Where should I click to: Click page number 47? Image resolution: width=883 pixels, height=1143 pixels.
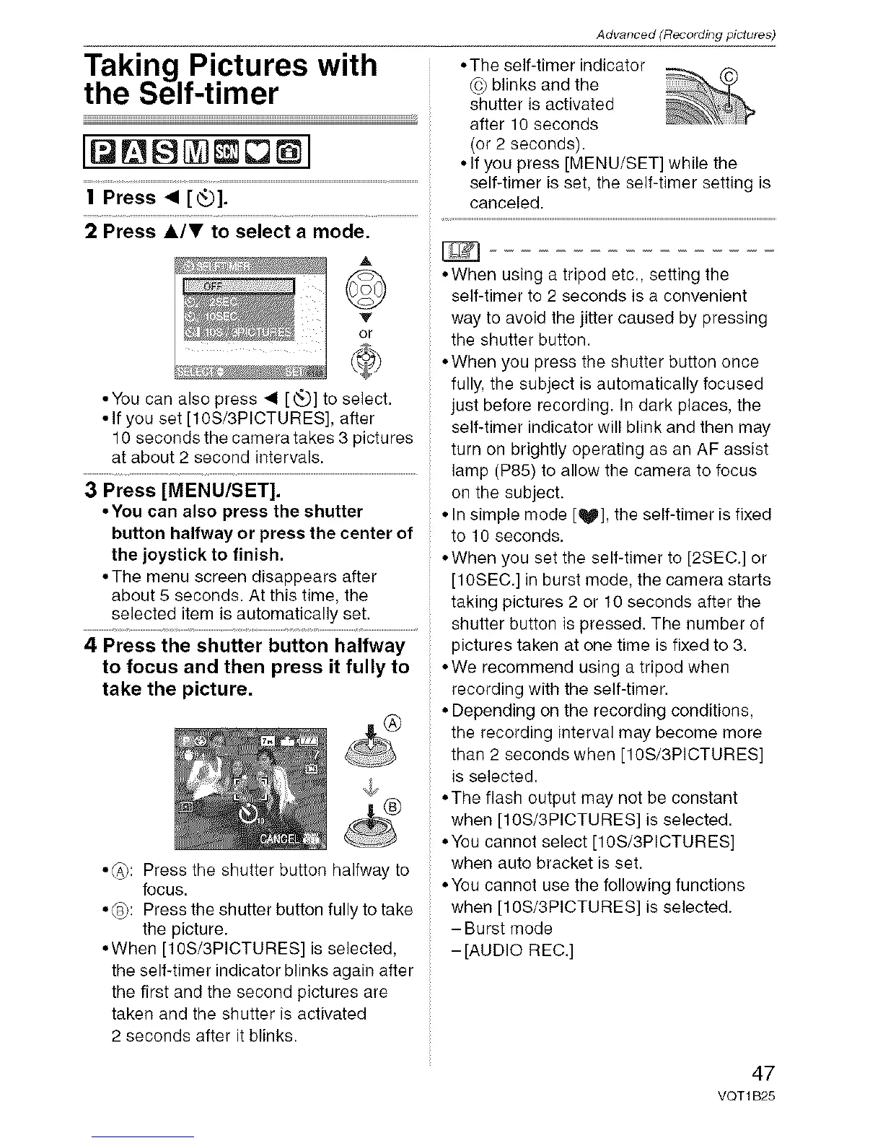757,1071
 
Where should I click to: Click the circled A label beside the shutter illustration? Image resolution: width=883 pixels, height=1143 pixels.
391,722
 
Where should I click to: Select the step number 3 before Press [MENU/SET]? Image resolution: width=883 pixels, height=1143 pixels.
92,491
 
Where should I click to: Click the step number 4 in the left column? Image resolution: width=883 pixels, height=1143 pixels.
90,645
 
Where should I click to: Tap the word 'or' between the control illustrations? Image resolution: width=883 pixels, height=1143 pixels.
365,333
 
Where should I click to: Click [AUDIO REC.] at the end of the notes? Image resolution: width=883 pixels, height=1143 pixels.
512,950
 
